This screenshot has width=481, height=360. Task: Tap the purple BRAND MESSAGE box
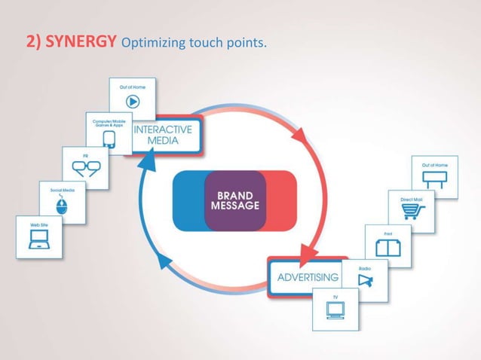pos(234,200)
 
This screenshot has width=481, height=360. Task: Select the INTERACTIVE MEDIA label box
pos(163,134)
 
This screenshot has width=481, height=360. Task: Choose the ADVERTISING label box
pos(308,276)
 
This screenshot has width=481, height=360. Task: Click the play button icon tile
pos(132,101)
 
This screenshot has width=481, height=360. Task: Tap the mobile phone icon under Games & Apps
pos(109,138)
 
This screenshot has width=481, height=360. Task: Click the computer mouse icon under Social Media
pos(63,207)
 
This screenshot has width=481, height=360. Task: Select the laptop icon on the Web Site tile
pos(38,241)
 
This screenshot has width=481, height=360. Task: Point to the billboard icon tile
pos(435,180)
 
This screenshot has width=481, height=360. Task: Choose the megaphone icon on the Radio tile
pos(366,281)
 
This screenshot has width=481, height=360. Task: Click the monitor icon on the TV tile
pos(335,310)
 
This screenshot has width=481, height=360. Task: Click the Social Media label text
pos(63,191)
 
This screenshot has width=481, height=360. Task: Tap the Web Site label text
pos(38,224)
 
